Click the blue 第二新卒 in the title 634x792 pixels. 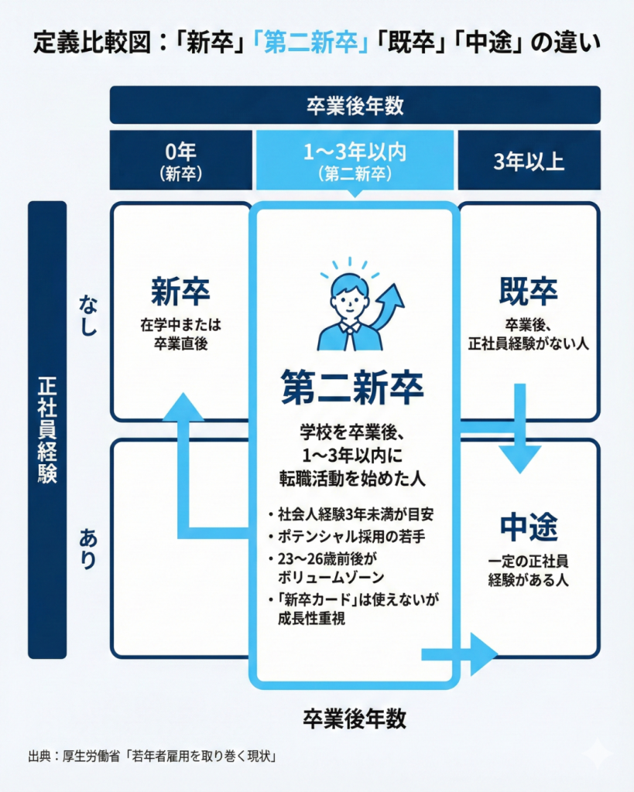tap(309, 43)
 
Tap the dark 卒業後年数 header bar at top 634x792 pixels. tap(355, 105)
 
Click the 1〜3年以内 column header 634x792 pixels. tap(355, 160)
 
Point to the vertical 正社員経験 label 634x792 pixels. tap(47, 429)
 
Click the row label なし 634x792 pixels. tap(88, 315)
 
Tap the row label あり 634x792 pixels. tap(88, 546)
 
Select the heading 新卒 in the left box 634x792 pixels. tap(180, 293)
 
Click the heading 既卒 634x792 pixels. tap(529, 293)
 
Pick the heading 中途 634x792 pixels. tap(529, 528)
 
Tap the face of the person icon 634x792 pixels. tap(349, 295)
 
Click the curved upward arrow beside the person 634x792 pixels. tap(390, 306)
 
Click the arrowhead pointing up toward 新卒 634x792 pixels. tap(183, 408)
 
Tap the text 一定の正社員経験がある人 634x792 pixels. tap(529, 571)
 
